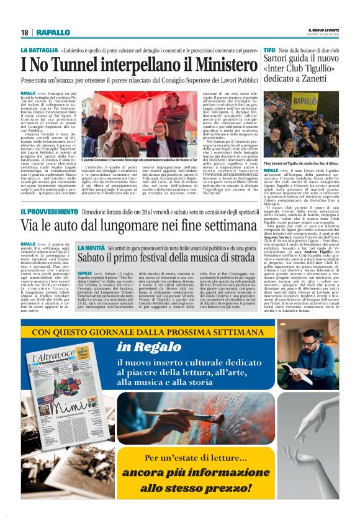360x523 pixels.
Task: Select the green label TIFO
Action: tap(269, 49)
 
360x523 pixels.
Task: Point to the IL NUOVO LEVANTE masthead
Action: tap(323, 30)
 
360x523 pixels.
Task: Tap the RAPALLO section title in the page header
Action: tap(53, 32)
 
